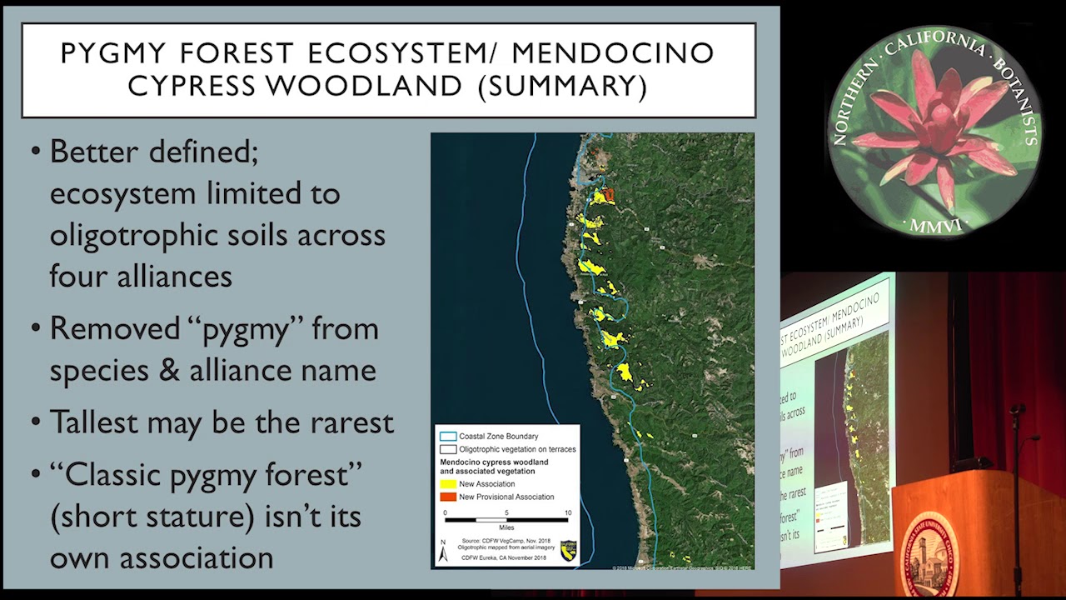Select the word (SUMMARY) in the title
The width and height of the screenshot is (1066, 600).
pyautogui.click(x=563, y=86)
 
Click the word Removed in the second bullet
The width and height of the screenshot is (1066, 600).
pyautogui.click(x=113, y=328)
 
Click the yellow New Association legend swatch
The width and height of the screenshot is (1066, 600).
pyautogui.click(x=448, y=483)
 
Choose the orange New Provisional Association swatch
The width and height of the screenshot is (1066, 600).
pyautogui.click(x=448, y=497)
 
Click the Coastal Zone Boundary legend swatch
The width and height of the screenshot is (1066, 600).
pyautogui.click(x=448, y=436)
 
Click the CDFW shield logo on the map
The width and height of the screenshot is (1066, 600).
pyautogui.click(x=568, y=550)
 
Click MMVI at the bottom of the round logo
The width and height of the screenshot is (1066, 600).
pyautogui.click(x=934, y=225)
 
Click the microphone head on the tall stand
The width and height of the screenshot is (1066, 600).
pyautogui.click(x=1017, y=409)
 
